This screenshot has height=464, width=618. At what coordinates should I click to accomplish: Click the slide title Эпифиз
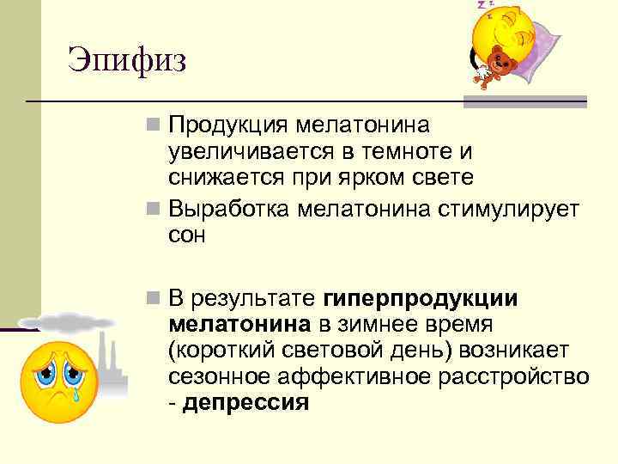point(128,60)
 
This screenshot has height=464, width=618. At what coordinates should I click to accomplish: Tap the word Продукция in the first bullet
point(228,126)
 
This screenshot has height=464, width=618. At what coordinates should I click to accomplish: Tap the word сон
point(187,235)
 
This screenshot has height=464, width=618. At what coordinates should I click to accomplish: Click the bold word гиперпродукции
point(421,298)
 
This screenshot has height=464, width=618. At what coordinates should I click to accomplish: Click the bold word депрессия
point(245,402)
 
